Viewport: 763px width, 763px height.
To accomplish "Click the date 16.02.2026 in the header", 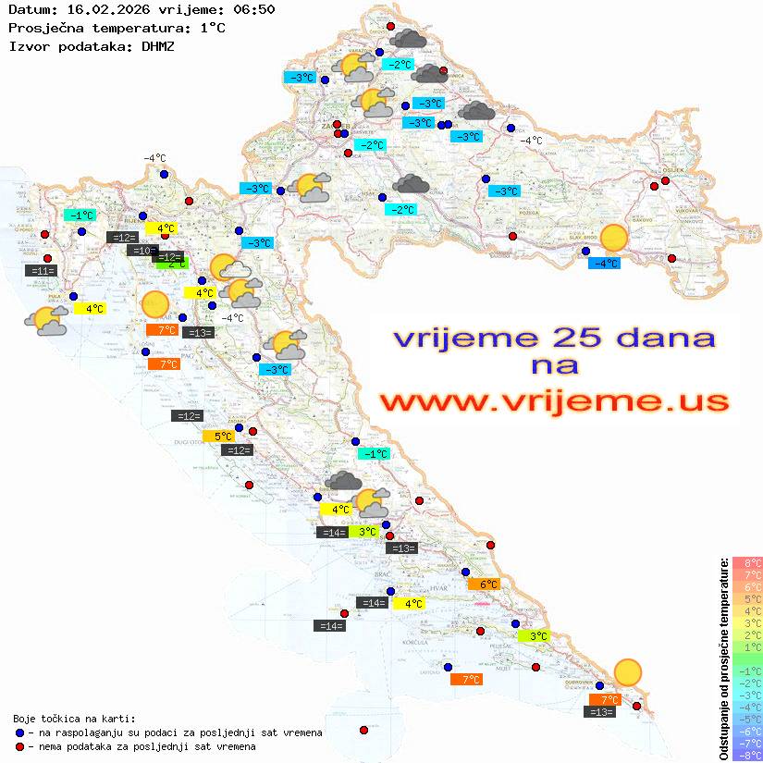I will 101,9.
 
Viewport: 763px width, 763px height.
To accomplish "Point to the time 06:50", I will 252,9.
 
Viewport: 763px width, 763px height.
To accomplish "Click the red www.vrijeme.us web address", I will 554,401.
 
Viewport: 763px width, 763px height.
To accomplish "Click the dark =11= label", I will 43,271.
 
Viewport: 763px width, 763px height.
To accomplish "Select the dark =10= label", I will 142,251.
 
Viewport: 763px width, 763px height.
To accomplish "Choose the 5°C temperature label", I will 223,436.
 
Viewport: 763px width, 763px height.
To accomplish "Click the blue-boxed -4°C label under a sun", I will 605,264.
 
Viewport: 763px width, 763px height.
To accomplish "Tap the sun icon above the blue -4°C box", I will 612,238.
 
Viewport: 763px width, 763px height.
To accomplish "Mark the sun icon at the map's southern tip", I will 628,671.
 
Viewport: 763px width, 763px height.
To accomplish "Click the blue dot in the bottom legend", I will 19,732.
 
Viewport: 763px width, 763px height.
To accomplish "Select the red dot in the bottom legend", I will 19,746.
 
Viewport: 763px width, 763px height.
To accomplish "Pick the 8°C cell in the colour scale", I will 746,562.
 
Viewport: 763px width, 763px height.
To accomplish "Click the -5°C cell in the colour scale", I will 746,719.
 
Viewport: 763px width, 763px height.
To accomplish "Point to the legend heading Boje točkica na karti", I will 74,719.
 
